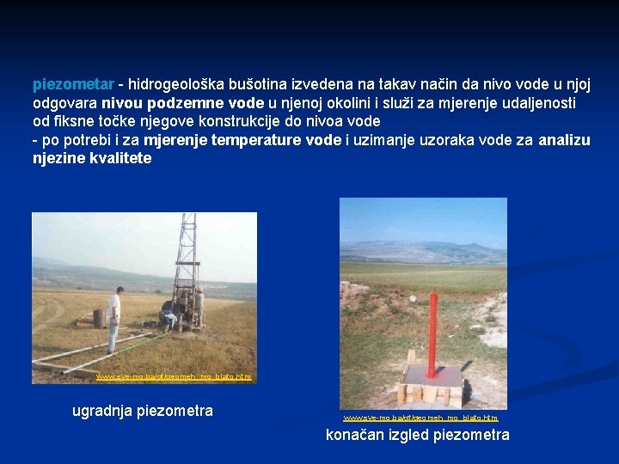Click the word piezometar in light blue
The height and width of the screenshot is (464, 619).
[x=72, y=85]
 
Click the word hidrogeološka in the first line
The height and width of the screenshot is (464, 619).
[x=172, y=85]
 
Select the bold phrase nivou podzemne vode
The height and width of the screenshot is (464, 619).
[x=176, y=103]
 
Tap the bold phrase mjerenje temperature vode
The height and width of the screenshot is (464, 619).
[x=242, y=140]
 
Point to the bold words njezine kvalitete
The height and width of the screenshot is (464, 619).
[x=91, y=159]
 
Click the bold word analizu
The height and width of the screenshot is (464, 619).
[x=564, y=140]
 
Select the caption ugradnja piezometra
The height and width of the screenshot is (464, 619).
[x=142, y=411]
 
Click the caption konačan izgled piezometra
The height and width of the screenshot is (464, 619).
[x=417, y=435]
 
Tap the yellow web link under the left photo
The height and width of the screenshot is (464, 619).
[x=174, y=377]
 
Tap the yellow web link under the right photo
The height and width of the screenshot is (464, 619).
[x=420, y=418]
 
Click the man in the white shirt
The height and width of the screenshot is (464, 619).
[x=114, y=318]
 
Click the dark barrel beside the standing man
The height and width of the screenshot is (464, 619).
[x=99, y=318]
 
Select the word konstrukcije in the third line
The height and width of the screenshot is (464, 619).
[x=239, y=122]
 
